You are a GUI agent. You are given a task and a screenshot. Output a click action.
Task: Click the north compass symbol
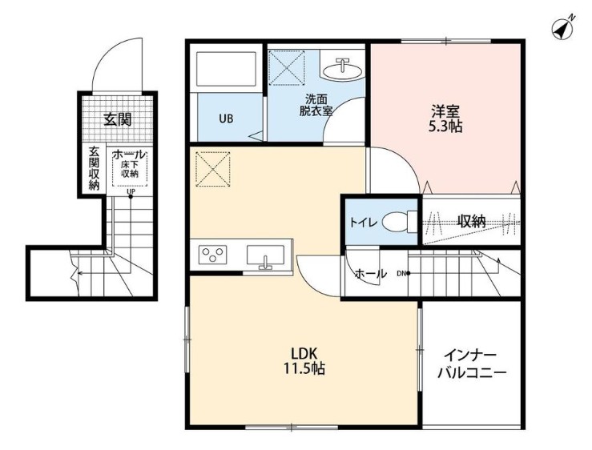(x=562, y=27)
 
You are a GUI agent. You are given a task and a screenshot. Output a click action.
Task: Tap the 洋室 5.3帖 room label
(x=445, y=119)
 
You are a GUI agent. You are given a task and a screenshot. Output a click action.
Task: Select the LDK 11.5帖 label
(x=304, y=361)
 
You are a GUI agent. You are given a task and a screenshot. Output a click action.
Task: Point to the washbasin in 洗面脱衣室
(x=343, y=70)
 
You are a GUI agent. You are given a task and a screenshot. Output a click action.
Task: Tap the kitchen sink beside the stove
(x=265, y=256)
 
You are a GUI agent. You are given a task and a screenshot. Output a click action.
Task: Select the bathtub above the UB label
(x=226, y=69)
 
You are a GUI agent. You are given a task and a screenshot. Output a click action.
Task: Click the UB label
(x=226, y=119)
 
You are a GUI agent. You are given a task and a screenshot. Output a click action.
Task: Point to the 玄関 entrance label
(x=118, y=119)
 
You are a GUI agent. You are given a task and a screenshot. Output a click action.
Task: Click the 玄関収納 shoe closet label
(x=94, y=168)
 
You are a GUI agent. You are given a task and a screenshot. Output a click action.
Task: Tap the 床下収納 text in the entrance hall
(x=130, y=169)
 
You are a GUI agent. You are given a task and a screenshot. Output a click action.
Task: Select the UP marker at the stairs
(x=131, y=192)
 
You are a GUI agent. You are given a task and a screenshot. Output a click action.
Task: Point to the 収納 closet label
(x=472, y=222)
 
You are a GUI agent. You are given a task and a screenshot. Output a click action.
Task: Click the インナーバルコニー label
(x=472, y=364)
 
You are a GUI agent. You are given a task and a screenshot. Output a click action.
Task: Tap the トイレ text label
(x=363, y=223)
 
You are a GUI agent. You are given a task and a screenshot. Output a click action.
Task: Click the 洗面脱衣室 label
(x=316, y=106)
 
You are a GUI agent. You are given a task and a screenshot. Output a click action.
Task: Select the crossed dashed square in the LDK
(x=213, y=169)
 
